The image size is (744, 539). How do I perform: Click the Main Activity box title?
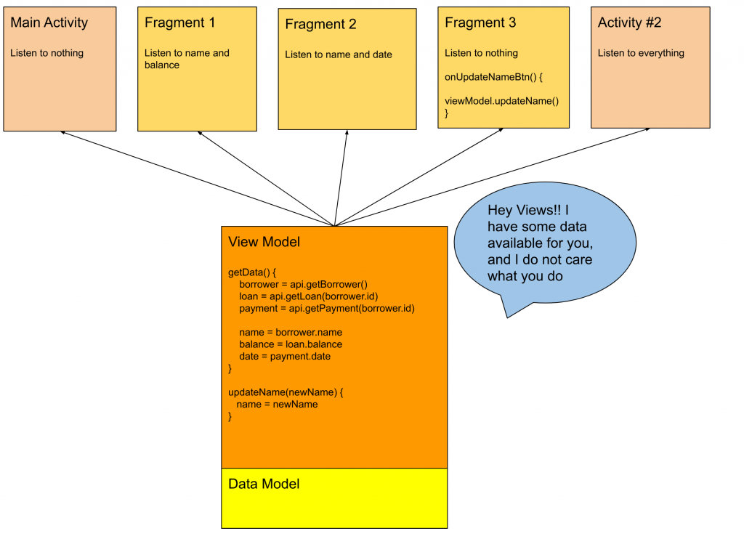click(x=49, y=23)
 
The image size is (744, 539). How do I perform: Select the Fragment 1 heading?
click(x=179, y=23)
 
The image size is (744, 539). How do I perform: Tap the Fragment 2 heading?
click(x=320, y=25)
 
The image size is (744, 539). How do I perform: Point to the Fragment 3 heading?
click(x=480, y=23)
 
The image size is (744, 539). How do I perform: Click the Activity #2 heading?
click(x=629, y=23)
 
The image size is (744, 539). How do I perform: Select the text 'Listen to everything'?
click(x=641, y=53)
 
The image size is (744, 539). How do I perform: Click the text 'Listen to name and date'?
click(x=339, y=54)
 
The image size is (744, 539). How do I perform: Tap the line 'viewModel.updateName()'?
click(x=501, y=101)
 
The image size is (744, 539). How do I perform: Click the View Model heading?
click(x=264, y=242)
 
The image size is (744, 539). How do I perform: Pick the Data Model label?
click(x=264, y=484)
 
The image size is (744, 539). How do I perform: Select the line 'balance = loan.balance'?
click(x=291, y=344)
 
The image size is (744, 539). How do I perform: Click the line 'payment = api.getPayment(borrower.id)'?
click(x=326, y=308)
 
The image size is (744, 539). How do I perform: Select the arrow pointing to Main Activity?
click(x=196, y=178)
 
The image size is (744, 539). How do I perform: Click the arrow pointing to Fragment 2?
click(x=341, y=178)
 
